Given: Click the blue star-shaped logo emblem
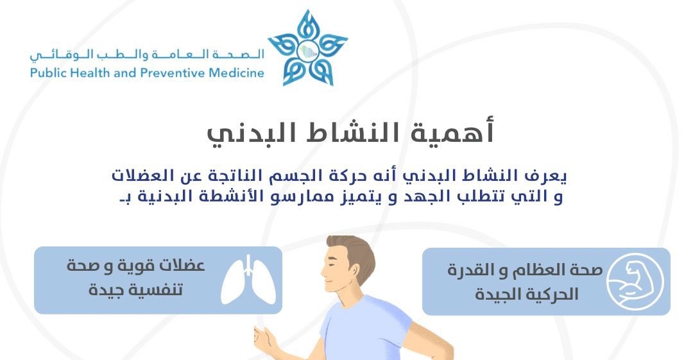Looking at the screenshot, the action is click(307, 47).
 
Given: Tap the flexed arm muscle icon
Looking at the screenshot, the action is click(635, 281).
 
